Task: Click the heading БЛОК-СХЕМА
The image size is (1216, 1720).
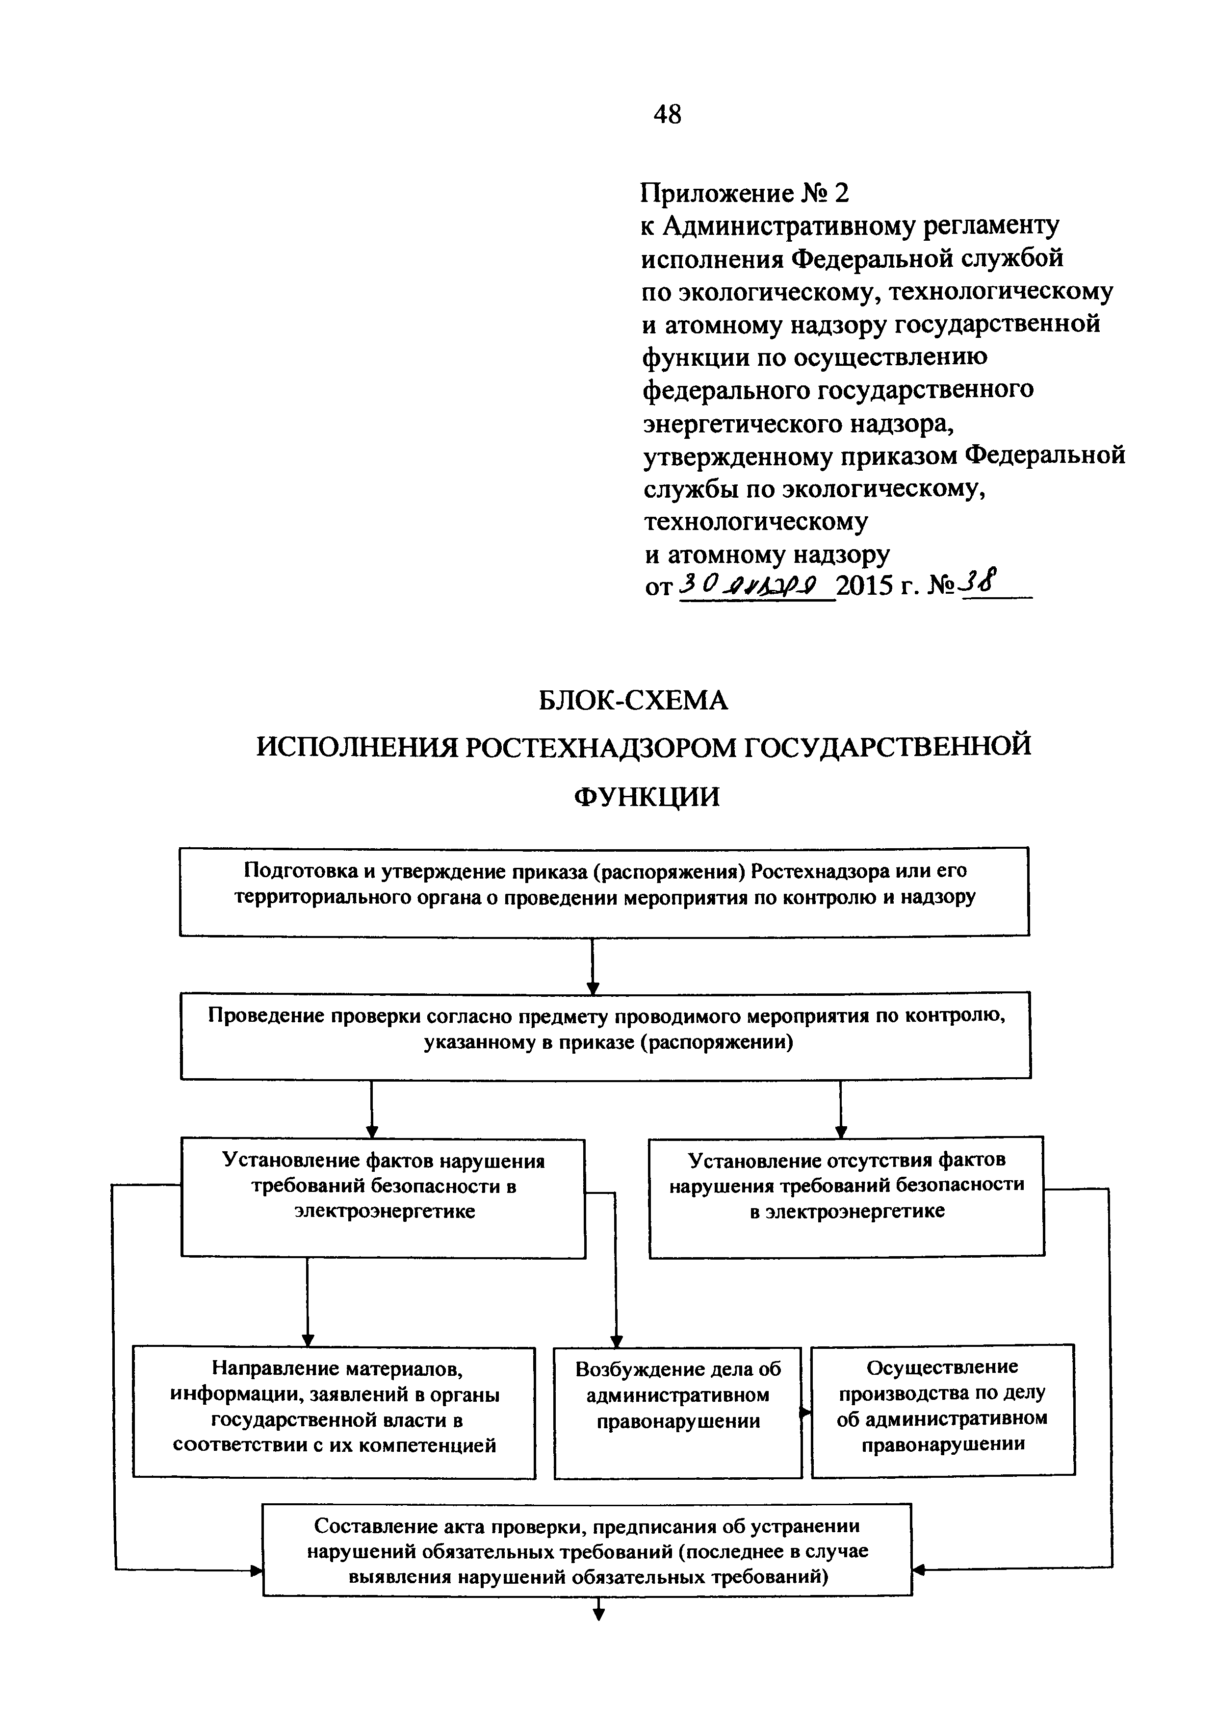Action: click(633, 701)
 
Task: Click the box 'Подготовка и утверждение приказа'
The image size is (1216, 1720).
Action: click(604, 891)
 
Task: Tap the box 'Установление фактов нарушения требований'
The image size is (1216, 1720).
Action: click(383, 1197)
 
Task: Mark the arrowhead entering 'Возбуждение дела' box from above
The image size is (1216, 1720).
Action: click(617, 1340)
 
